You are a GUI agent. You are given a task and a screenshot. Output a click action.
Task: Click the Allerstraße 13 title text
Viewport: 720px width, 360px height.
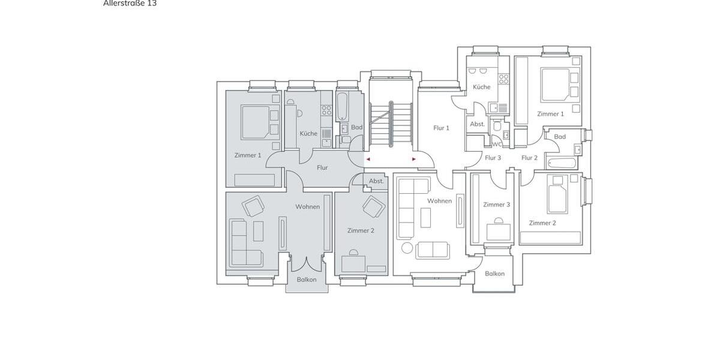pos(130,4)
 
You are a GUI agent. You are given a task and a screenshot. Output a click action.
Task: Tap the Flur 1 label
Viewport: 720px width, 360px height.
pos(441,128)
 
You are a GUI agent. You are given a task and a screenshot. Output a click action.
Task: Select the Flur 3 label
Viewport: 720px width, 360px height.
pos(493,158)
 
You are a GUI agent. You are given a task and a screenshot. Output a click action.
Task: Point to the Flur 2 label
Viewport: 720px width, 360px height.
pos(529,158)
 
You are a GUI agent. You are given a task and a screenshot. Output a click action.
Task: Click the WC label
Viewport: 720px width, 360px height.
pos(497,144)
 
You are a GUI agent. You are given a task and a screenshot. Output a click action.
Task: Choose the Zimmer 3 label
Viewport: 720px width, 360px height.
pos(496,205)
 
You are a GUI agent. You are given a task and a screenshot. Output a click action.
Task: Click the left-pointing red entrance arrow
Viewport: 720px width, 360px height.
pos(368,160)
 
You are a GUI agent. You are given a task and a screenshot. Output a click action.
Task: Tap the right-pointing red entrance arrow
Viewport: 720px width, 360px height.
pos(413,160)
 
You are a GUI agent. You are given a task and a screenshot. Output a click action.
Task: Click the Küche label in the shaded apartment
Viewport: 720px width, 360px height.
pos(308,134)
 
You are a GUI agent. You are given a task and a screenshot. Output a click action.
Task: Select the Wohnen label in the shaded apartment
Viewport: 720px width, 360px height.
pos(307,207)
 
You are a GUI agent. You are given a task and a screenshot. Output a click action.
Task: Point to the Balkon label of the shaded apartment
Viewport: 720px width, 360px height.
pos(307,280)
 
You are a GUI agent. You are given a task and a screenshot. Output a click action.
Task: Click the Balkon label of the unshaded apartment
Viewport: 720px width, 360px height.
pos(494,274)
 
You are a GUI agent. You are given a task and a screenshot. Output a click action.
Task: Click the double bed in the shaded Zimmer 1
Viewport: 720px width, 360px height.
pos(254,122)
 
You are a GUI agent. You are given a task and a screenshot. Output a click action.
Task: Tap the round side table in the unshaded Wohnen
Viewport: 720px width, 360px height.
pos(407,248)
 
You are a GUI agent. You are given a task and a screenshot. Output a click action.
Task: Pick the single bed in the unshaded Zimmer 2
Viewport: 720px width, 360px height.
pos(557,194)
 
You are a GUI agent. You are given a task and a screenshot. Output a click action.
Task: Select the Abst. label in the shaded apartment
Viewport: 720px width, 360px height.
pos(376,181)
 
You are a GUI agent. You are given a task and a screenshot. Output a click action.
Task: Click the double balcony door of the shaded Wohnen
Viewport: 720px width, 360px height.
pos(307,263)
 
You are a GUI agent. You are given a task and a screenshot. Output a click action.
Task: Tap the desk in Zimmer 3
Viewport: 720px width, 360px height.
pos(498,231)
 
